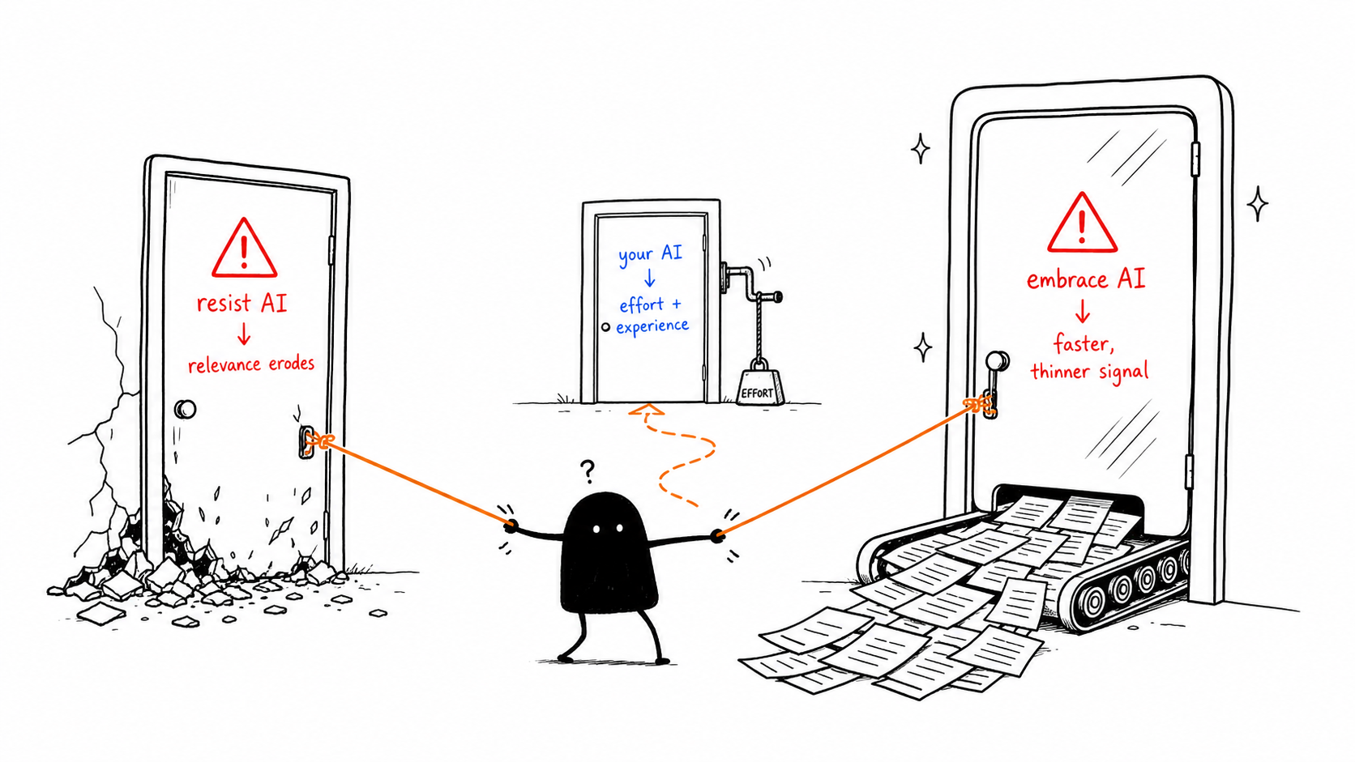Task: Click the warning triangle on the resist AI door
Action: [x=245, y=249]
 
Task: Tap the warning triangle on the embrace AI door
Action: [x=1082, y=223]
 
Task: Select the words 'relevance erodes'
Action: [x=251, y=364]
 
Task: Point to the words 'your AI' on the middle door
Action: [x=650, y=253]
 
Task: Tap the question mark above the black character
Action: [x=588, y=471]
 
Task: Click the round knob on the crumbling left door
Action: [x=185, y=409]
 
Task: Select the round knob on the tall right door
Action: [x=997, y=361]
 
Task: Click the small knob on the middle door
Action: [x=605, y=327]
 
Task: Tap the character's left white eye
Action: [x=596, y=530]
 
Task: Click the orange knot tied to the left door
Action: [x=318, y=440]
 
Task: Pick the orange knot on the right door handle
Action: [x=980, y=404]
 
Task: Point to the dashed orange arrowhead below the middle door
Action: [x=646, y=411]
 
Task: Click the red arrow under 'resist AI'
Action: [x=244, y=333]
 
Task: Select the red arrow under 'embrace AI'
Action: [x=1082, y=311]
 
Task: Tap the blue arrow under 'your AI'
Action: [x=649, y=278]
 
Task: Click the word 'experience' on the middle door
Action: [x=652, y=326]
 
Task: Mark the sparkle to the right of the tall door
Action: [x=1258, y=203]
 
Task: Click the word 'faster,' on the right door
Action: [x=1084, y=344]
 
